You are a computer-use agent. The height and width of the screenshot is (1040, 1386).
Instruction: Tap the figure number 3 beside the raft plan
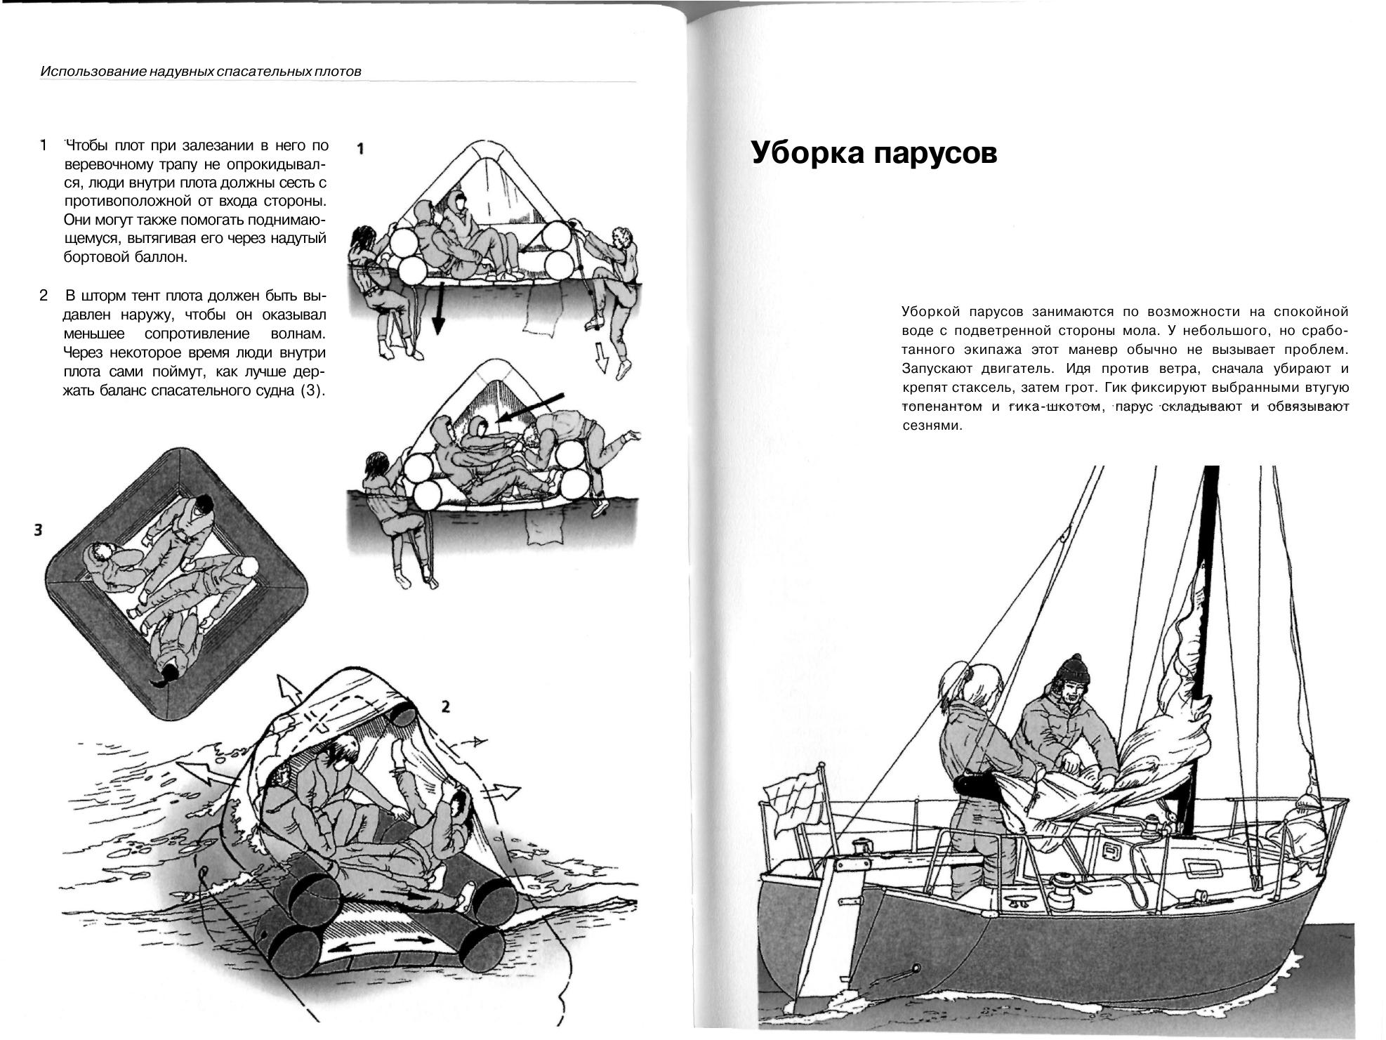coord(39,530)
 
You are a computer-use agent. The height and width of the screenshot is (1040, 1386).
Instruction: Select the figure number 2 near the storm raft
coord(444,706)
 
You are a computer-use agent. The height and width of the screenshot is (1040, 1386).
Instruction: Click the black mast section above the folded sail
coord(1210,562)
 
